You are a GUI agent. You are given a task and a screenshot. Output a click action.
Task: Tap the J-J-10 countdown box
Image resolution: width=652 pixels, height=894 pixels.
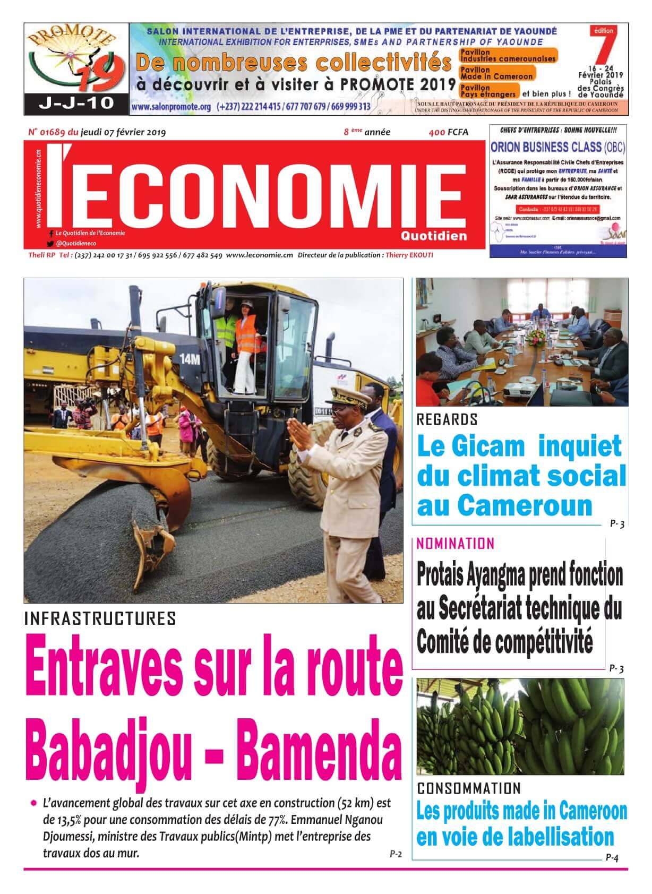76,103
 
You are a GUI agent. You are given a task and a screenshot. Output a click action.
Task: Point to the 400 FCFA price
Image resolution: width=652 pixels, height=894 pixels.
449,132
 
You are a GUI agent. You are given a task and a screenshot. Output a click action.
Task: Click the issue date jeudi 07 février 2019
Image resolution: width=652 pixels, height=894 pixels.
123,132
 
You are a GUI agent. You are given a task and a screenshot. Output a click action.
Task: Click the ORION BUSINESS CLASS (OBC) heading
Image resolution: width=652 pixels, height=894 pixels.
558,147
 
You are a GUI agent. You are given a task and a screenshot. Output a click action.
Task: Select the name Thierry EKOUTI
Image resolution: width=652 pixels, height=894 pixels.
409,255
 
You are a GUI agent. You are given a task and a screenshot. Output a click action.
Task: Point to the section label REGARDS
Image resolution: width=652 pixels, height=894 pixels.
447,419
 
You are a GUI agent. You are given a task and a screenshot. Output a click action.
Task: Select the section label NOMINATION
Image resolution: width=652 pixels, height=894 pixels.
456,544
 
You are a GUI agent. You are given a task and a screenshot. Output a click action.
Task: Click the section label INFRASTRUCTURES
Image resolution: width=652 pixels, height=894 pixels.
100,618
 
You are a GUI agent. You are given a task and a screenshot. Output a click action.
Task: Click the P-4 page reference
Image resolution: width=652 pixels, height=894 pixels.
612,857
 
